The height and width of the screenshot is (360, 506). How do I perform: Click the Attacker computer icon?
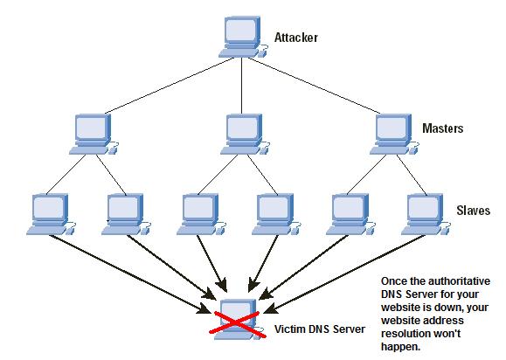pyautogui.click(x=243, y=37)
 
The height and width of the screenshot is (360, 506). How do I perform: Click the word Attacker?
pyautogui.click(x=296, y=38)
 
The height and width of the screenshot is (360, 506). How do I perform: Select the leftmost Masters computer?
pyautogui.click(x=94, y=135)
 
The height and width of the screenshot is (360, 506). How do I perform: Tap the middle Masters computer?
pyautogui.click(x=245, y=135)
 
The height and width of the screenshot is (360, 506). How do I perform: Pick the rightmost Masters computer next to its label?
pyautogui.click(x=394, y=135)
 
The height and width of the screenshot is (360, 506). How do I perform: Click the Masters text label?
pyautogui.click(x=443, y=128)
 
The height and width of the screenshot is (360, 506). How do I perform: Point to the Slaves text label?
pyautogui.click(x=473, y=211)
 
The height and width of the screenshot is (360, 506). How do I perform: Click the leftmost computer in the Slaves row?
pyautogui.click(x=51, y=214)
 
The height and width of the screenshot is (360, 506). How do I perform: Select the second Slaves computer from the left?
pyautogui.click(x=126, y=214)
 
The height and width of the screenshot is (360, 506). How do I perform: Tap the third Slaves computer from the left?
pyautogui.click(x=201, y=214)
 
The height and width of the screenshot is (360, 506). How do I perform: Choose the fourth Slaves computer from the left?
pyautogui.click(x=276, y=214)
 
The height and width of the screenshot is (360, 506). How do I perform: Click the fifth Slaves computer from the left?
pyautogui.click(x=350, y=214)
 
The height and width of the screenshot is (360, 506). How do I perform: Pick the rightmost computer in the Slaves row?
pyautogui.click(x=426, y=214)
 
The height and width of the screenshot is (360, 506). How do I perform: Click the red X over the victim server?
pyautogui.click(x=238, y=323)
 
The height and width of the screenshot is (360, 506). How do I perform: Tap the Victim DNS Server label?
pyautogui.click(x=320, y=329)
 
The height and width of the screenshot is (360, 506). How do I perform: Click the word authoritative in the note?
pyautogui.click(x=459, y=281)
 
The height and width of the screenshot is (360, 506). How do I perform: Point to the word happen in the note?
pyautogui.click(x=401, y=347)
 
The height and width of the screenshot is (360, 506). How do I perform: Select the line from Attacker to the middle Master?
pyautogui.click(x=242, y=86)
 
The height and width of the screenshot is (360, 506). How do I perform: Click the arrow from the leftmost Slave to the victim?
pyautogui.click(x=129, y=274)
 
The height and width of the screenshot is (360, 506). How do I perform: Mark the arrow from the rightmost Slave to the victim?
pyautogui.click(x=344, y=274)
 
